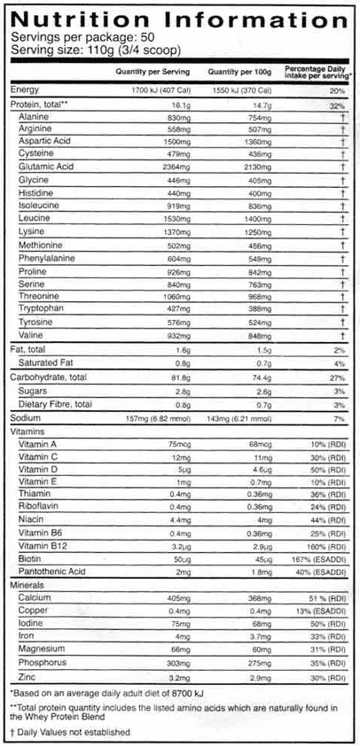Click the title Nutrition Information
[179, 19]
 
